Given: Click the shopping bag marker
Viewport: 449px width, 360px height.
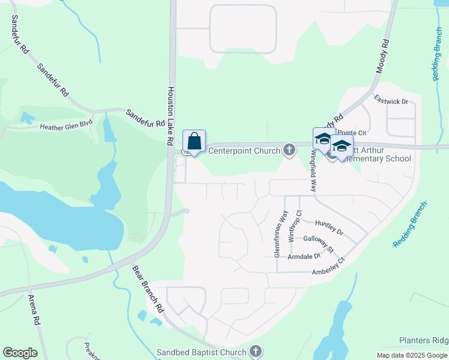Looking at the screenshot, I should coord(194,142).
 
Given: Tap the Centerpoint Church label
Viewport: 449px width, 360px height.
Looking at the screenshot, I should coord(245,150).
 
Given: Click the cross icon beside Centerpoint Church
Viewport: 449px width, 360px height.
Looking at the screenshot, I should coord(289,149).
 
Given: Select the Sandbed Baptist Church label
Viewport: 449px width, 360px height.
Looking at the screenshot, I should coord(201,352).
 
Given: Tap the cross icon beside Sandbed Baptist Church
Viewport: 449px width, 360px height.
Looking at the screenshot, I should coord(255,352).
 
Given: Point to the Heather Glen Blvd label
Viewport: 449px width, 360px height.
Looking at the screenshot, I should coord(66,127).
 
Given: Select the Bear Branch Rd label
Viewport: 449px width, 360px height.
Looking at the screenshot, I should coord(148,289).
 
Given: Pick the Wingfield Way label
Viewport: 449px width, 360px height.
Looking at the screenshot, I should coord(313,170).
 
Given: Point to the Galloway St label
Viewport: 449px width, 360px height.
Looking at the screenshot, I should coord(318,243).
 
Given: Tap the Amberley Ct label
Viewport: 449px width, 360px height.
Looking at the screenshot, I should coord(328,266).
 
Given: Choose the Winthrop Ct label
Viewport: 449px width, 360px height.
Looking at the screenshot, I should coord(292,226).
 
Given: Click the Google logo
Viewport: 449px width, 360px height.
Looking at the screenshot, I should coord(20,353).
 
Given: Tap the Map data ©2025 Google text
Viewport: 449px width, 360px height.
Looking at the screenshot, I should coord(412,355).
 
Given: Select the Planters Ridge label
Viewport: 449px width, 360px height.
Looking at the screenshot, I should coord(424,340).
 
